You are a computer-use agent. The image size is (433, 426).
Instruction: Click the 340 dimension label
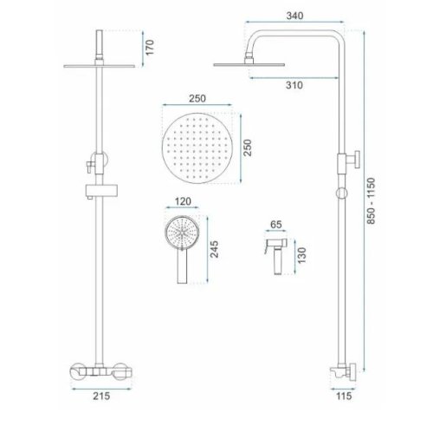(x=294, y=16)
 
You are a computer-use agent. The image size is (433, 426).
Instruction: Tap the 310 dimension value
(x=294, y=85)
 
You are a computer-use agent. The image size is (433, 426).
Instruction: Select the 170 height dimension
(x=150, y=48)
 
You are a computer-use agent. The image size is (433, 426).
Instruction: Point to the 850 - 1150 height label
(x=371, y=200)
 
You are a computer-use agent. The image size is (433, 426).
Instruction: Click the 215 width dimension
(x=101, y=396)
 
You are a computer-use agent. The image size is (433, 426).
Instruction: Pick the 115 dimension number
(x=344, y=396)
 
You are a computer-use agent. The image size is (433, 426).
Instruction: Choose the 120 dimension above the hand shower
(x=183, y=201)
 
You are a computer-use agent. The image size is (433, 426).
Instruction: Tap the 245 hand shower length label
(x=214, y=249)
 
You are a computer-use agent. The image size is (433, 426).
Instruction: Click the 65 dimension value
(x=276, y=225)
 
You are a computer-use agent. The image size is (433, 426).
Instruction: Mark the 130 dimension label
(x=301, y=255)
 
